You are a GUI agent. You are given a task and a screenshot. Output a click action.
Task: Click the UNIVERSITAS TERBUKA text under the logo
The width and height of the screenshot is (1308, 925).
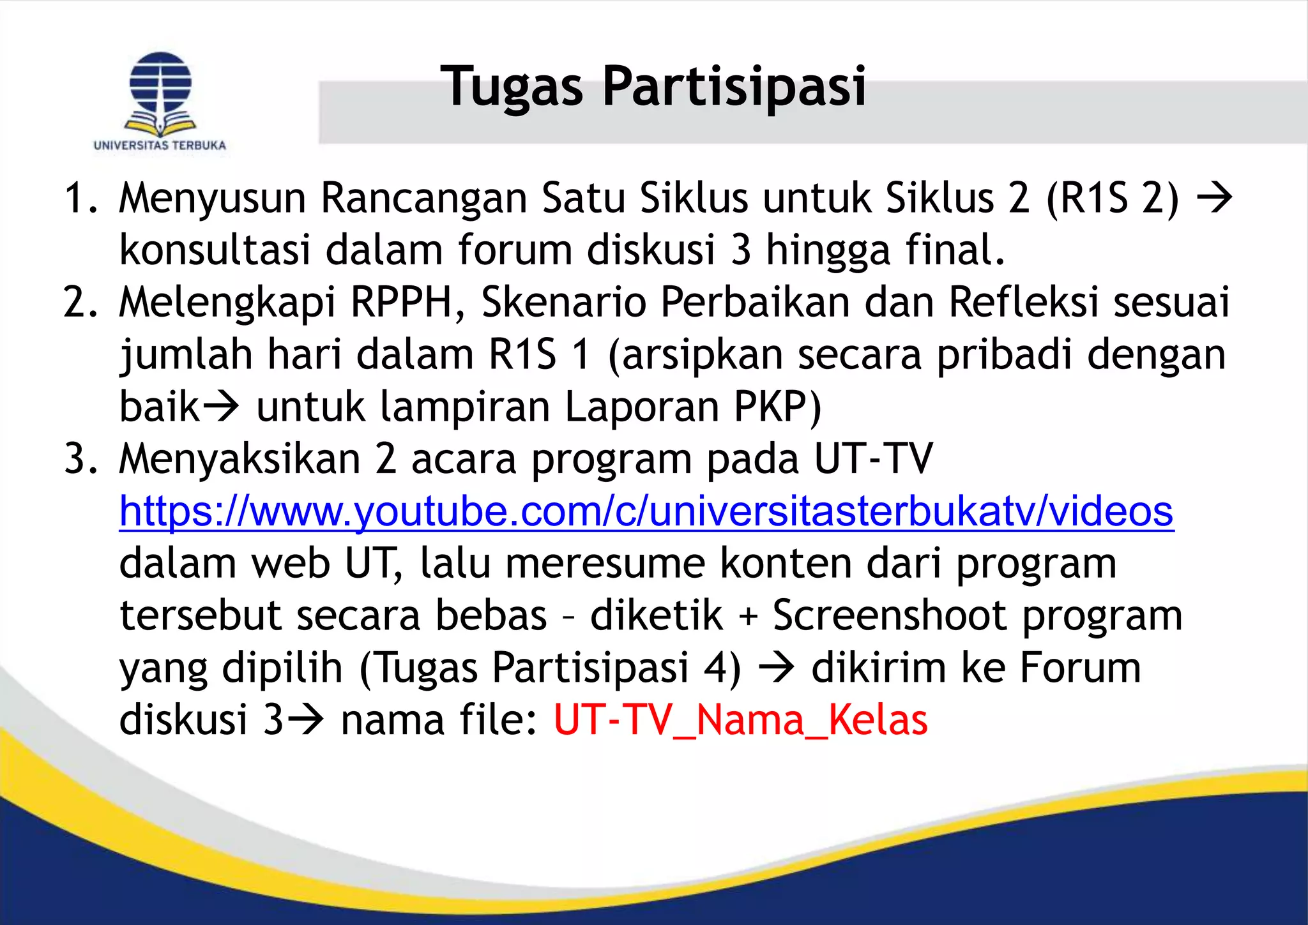(160, 146)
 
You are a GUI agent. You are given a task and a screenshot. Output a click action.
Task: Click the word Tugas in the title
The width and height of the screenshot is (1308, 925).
(512, 87)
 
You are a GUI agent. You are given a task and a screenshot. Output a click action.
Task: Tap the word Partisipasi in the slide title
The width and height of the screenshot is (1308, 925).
(734, 87)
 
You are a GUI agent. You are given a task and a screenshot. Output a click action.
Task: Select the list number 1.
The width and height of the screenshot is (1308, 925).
(80, 198)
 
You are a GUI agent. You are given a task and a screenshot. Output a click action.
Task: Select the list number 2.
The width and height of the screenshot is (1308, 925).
(80, 302)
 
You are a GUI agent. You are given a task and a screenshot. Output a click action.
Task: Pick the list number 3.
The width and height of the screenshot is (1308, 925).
(80, 459)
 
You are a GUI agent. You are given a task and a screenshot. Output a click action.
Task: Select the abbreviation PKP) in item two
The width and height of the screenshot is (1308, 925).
(777, 407)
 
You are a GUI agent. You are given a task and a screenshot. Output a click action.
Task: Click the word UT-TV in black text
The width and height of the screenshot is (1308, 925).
(873, 459)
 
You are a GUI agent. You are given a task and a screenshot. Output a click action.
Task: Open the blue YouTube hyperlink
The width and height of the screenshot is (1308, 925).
(646, 512)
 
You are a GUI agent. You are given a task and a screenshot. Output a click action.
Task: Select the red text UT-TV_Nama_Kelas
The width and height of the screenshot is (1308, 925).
(740, 720)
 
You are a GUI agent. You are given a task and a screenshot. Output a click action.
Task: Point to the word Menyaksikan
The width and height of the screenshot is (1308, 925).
(240, 459)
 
